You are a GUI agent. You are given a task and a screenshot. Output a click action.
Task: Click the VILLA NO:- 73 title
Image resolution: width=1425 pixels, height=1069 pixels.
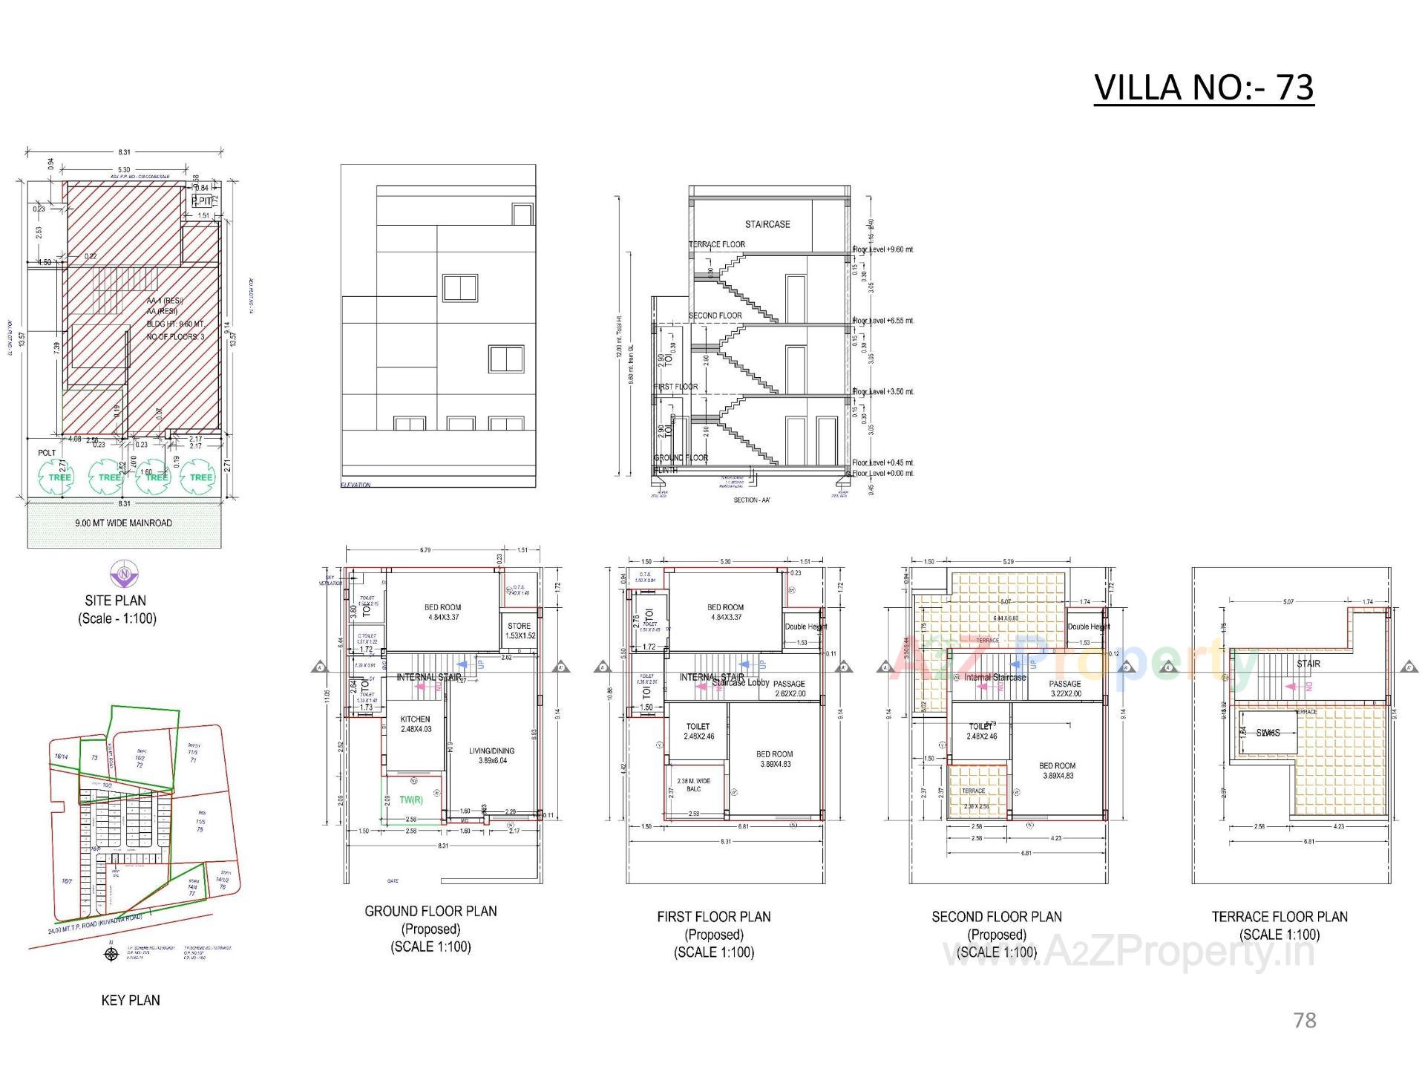click(x=1203, y=88)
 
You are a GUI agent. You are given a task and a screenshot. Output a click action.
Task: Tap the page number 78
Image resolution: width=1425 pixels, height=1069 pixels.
click(x=1304, y=1020)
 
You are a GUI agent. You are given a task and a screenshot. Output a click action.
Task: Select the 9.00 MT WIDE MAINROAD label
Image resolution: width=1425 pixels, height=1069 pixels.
click(x=123, y=523)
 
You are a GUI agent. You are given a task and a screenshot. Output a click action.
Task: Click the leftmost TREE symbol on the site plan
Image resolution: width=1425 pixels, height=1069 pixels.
click(x=59, y=477)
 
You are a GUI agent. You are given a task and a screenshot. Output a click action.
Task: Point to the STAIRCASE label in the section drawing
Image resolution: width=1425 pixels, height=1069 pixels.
click(x=767, y=224)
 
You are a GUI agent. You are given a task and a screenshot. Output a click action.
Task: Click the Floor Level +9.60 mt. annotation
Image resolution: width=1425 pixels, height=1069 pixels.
click(x=883, y=249)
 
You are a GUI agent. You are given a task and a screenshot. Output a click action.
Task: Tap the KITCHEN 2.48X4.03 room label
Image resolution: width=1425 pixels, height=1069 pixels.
click(x=416, y=724)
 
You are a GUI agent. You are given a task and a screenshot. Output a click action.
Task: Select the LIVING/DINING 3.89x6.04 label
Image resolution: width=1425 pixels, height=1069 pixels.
click(x=491, y=755)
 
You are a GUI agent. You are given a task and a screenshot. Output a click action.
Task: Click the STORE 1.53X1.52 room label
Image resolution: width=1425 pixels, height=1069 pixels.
click(x=520, y=630)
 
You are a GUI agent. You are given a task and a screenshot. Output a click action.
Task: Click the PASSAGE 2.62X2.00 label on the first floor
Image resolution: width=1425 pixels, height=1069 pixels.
click(x=790, y=688)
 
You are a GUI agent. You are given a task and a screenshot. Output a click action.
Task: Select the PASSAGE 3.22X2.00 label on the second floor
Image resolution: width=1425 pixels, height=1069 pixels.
click(x=1065, y=688)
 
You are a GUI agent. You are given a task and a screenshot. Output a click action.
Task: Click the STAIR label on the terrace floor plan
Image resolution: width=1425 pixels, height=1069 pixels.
click(x=1308, y=663)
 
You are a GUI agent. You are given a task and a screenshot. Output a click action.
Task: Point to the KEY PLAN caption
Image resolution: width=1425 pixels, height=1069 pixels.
click(x=131, y=1000)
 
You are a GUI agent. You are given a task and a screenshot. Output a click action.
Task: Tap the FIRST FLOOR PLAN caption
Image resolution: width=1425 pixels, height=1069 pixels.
click(x=713, y=917)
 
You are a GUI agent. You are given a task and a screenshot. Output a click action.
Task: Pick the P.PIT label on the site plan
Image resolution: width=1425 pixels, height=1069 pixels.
click(x=201, y=201)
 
